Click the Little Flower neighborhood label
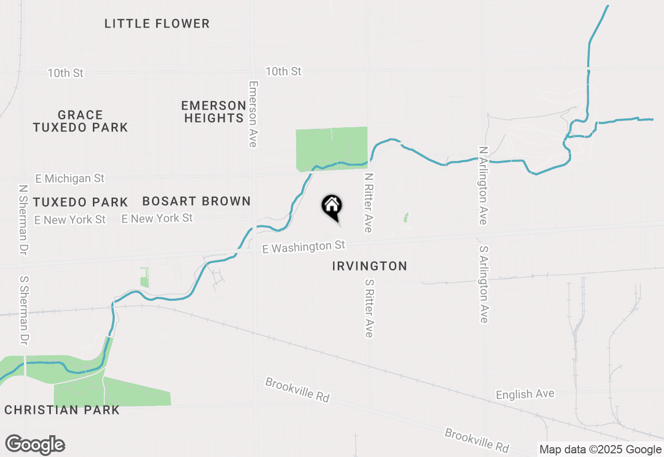click(x=157, y=23)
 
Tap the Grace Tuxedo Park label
click(x=80, y=121)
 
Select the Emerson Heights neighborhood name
click(x=214, y=112)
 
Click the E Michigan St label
click(x=70, y=179)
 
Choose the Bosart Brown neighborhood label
click(x=197, y=201)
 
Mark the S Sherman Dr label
click(x=24, y=310)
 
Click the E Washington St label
click(x=304, y=247)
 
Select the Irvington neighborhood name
click(x=369, y=266)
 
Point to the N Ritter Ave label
click(x=369, y=203)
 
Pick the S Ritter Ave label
click(x=369, y=308)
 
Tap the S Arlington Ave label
click(x=483, y=284)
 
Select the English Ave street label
click(x=525, y=395)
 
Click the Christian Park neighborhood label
click(x=62, y=410)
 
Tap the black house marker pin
click(x=332, y=206)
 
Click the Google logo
click(x=35, y=445)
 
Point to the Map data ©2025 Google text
click(x=600, y=450)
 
